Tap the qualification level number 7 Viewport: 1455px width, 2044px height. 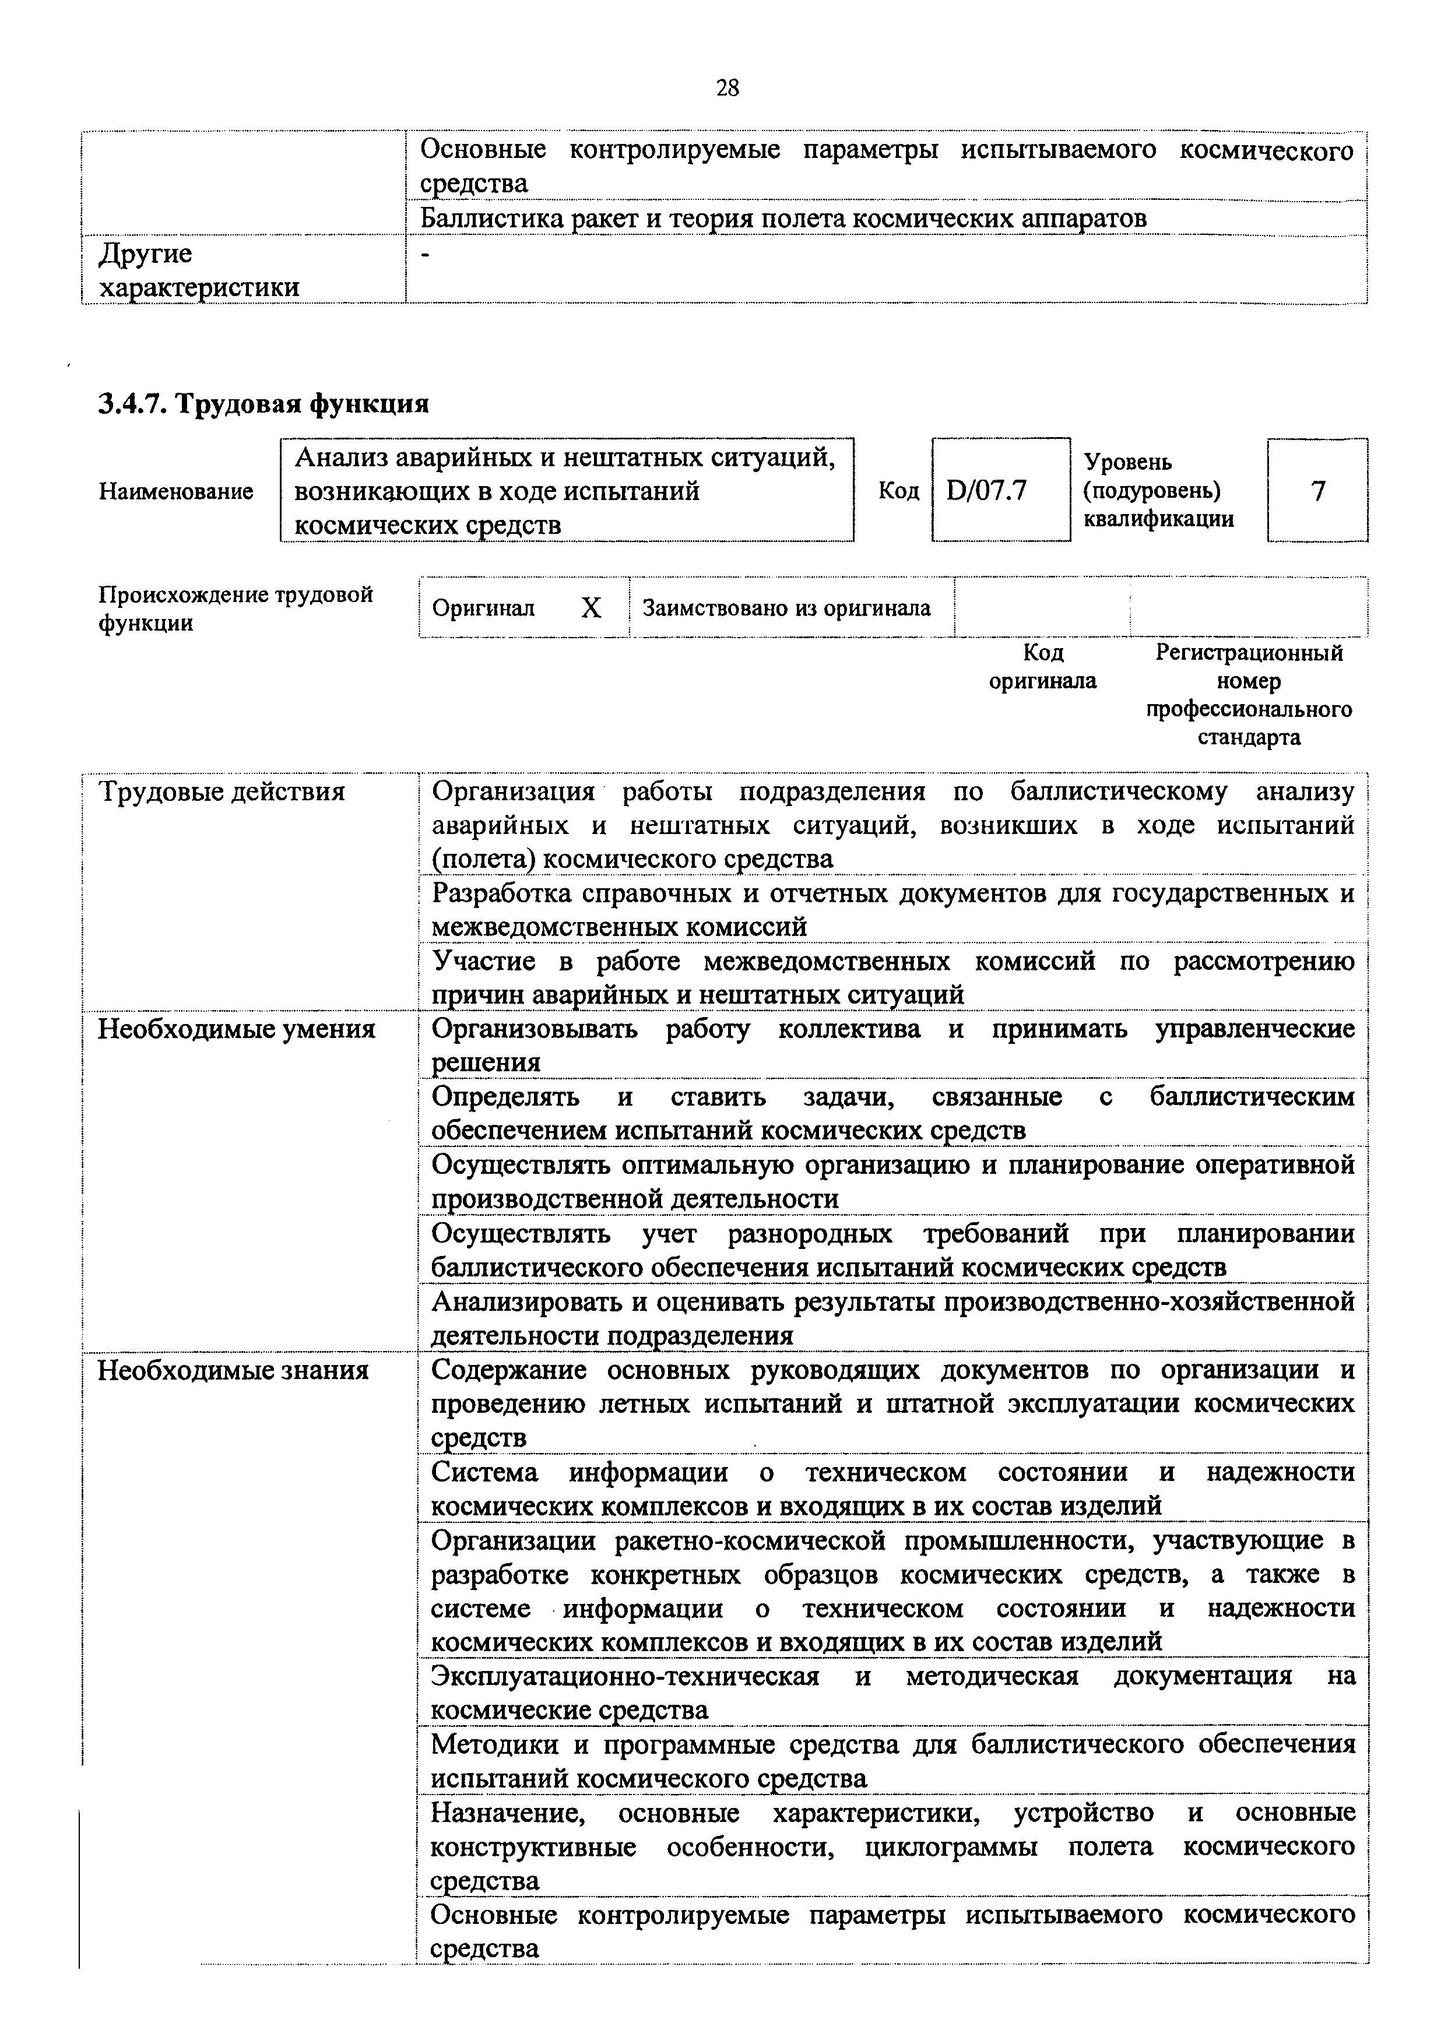tap(1317, 491)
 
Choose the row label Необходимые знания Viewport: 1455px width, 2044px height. tap(233, 1370)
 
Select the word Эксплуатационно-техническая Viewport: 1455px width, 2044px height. tap(624, 1676)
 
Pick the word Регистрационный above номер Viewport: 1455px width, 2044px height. tap(1249, 653)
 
